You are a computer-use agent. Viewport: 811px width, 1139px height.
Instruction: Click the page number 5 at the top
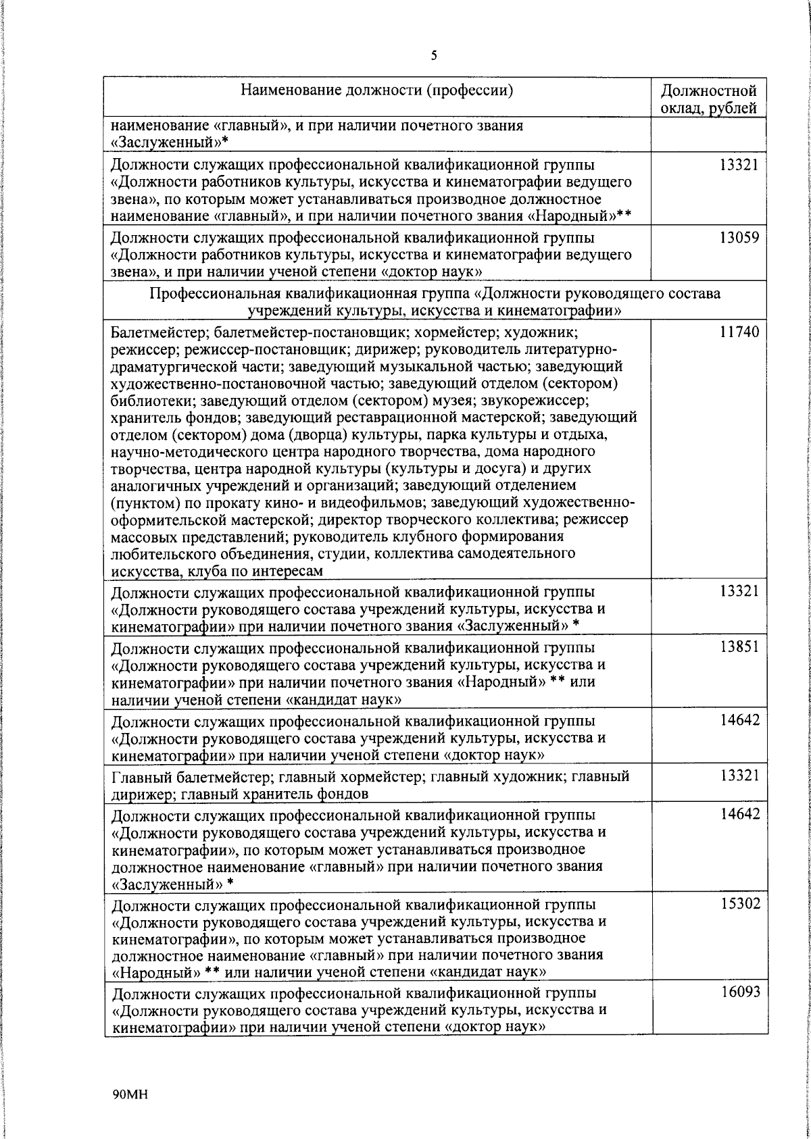coord(433,55)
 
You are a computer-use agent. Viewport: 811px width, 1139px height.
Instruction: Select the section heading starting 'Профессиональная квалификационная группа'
coord(434,294)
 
